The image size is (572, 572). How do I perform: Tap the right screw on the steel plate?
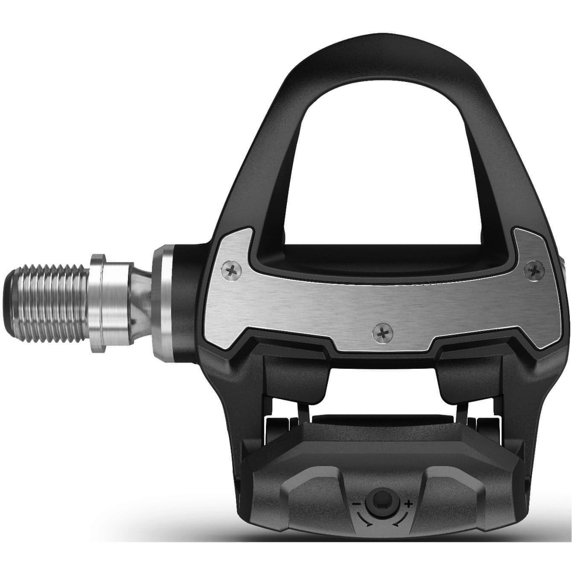[533, 270]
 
